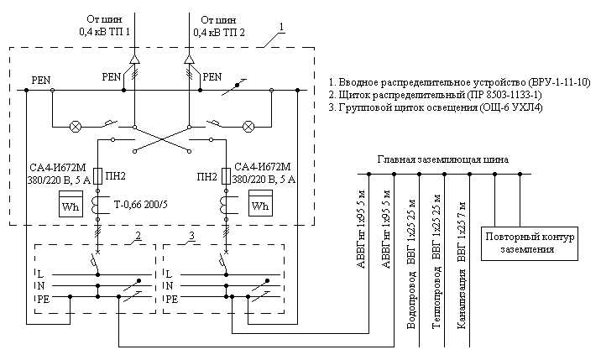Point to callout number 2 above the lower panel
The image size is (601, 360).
coord(137,237)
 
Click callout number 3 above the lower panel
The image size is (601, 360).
coord(193,237)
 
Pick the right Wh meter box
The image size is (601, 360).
coord(260,204)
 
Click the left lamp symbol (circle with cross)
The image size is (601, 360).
coord(76,127)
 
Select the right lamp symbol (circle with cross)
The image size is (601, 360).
coord(248,127)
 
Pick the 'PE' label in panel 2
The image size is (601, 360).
coord(43,298)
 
